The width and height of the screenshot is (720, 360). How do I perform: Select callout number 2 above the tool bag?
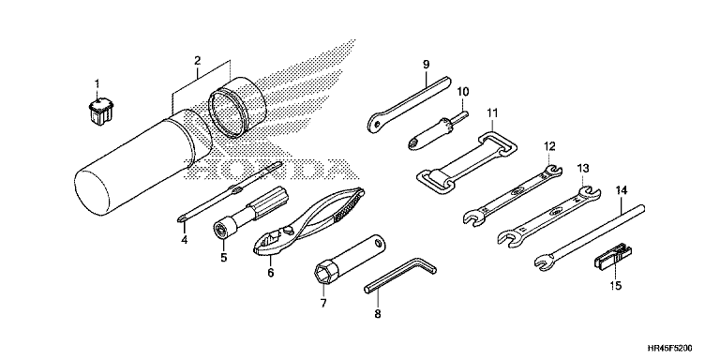point(198,60)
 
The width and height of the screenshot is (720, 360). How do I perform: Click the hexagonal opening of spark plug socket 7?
point(322,273)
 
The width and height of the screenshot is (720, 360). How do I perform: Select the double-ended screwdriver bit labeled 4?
point(230,192)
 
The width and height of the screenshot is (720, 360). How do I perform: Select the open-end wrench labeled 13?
point(549,214)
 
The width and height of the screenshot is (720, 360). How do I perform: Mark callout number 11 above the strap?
point(492,112)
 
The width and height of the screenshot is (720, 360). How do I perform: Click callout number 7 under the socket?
point(322,303)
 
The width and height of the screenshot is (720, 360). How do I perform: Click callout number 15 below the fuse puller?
point(615,286)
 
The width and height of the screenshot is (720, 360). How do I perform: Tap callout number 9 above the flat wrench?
point(427,65)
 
